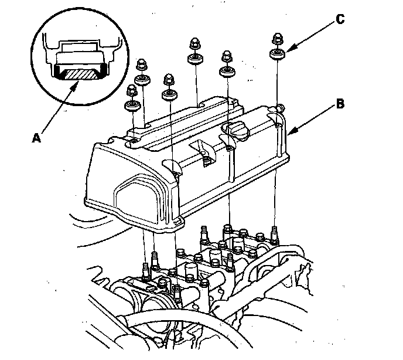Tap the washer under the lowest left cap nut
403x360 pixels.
[131, 106]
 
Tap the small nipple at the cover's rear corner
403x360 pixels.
[280, 108]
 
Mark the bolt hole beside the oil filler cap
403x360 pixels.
[229, 148]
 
